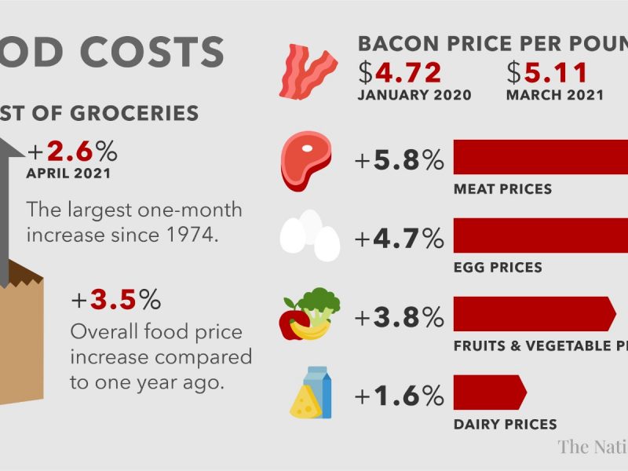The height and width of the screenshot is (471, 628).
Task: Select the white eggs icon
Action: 310,235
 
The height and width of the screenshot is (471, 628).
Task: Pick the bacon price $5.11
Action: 547,72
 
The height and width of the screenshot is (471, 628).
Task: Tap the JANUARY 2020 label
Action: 414,96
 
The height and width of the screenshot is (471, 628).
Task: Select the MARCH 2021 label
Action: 555,96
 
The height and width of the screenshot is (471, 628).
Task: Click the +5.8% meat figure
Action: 400,161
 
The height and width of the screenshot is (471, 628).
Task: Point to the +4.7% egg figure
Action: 400,238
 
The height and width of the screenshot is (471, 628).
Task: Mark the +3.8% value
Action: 400,317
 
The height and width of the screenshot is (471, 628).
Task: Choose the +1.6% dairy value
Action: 400,396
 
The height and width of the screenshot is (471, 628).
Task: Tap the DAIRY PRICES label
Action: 506,425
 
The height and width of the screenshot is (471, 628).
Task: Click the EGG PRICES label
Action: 498,268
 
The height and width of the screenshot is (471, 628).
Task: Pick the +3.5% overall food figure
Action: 115,300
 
